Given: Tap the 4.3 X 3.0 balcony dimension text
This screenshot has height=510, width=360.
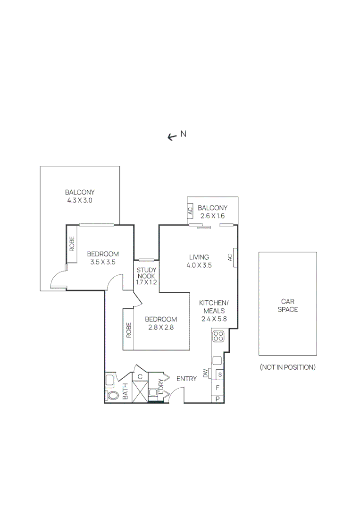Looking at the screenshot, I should pos(80,200).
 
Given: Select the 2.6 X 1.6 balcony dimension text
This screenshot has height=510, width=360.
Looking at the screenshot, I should pos(212,216).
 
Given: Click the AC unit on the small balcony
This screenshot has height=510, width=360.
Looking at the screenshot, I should pos(191,211).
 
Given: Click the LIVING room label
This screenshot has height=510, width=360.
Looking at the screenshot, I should pos(199,257).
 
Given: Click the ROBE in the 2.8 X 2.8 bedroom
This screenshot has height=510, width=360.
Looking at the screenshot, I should pos(128,329).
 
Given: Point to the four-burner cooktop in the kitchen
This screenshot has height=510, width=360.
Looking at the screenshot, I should pos(218,336).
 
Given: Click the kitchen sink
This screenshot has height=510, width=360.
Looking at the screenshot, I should pos(217,360).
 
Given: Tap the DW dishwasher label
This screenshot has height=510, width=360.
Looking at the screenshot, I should pos(206,374).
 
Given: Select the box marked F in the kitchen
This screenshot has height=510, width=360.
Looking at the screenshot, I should pos(218,388).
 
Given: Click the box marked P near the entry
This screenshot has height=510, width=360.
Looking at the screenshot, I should pos(218,399).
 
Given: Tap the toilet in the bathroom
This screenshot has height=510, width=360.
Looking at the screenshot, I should pos(112,395).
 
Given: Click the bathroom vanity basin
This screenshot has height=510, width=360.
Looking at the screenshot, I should pos(109,379).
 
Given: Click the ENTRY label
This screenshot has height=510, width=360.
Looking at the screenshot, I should pos(186,379).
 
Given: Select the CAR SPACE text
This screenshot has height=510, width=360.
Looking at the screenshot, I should pos(287,305).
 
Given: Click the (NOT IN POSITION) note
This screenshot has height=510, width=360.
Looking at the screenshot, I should pos(287,367).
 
